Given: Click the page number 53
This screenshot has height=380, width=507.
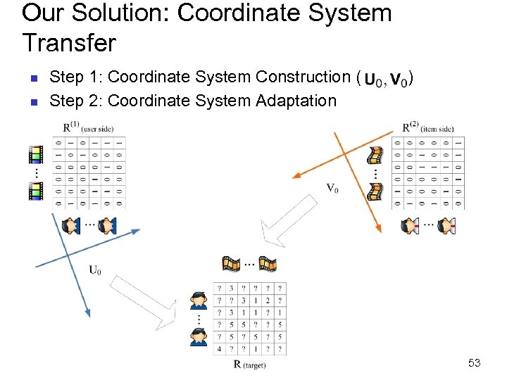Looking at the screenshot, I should coord(474,363).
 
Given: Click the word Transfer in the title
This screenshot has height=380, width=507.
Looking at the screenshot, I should coord(69,44).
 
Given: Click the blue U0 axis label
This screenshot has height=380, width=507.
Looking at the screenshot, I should coord(95,270).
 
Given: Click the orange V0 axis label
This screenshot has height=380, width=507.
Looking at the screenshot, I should coord(332,189).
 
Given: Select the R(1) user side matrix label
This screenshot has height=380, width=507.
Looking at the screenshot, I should coord(87,128).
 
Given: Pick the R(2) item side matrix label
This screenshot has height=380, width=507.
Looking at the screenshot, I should coord(427,128).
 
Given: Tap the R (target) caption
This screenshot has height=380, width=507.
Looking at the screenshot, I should coord(249,364).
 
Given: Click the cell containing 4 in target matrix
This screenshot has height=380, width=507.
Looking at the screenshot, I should coord(219,348).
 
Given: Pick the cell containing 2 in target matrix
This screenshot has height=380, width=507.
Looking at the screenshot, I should coord(267,300).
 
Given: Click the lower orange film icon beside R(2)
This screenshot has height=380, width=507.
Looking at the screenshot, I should coord(377,190).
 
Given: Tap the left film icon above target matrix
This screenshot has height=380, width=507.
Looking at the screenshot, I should coord(231,264).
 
